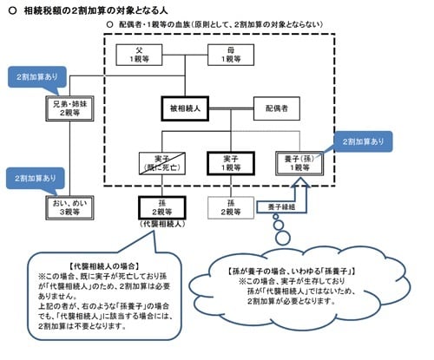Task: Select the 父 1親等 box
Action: [141, 56]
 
